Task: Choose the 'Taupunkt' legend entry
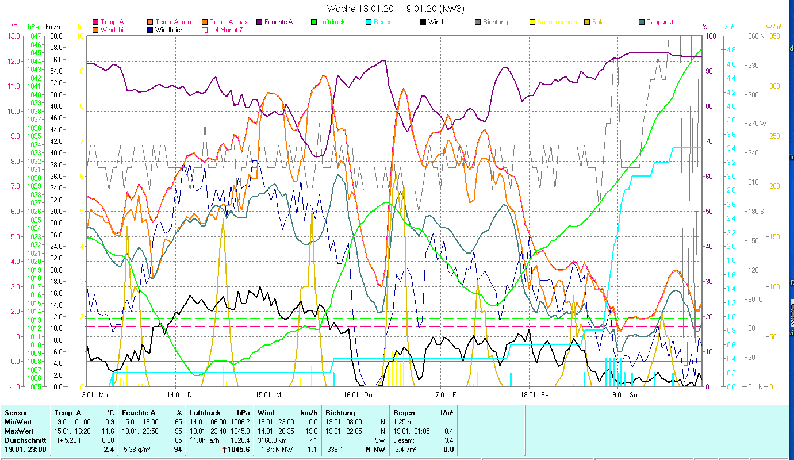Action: tap(659, 22)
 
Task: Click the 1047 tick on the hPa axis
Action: tap(33, 36)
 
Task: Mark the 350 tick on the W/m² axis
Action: tap(774, 36)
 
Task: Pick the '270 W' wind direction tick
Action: tap(755, 124)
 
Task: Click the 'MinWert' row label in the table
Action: tap(18, 422)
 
